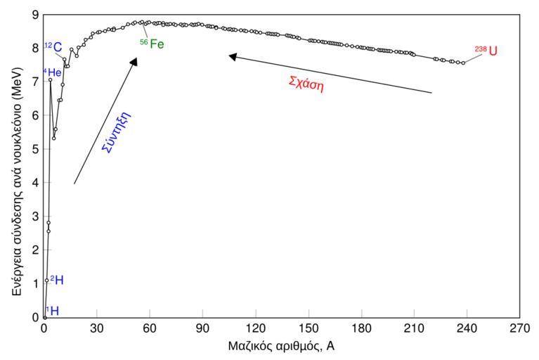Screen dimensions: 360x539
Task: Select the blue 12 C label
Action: pos(53,47)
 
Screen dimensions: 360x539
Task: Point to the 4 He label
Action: pos(53,72)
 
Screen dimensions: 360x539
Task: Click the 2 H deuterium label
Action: pos(57,280)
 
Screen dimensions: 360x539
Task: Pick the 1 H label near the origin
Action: pos(52,310)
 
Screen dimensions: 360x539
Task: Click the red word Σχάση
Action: pos(306,82)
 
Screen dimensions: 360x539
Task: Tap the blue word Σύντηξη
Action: pos(118,131)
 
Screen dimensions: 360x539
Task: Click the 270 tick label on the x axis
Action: pos(519,328)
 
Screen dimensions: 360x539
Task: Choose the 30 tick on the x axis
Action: pos(96,328)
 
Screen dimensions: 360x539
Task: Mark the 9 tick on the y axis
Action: pos(35,14)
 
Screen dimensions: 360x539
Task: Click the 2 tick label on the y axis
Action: pos(35,250)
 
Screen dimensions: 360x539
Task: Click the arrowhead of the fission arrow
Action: pos(231,56)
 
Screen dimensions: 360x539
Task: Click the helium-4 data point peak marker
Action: pos(50,79)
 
